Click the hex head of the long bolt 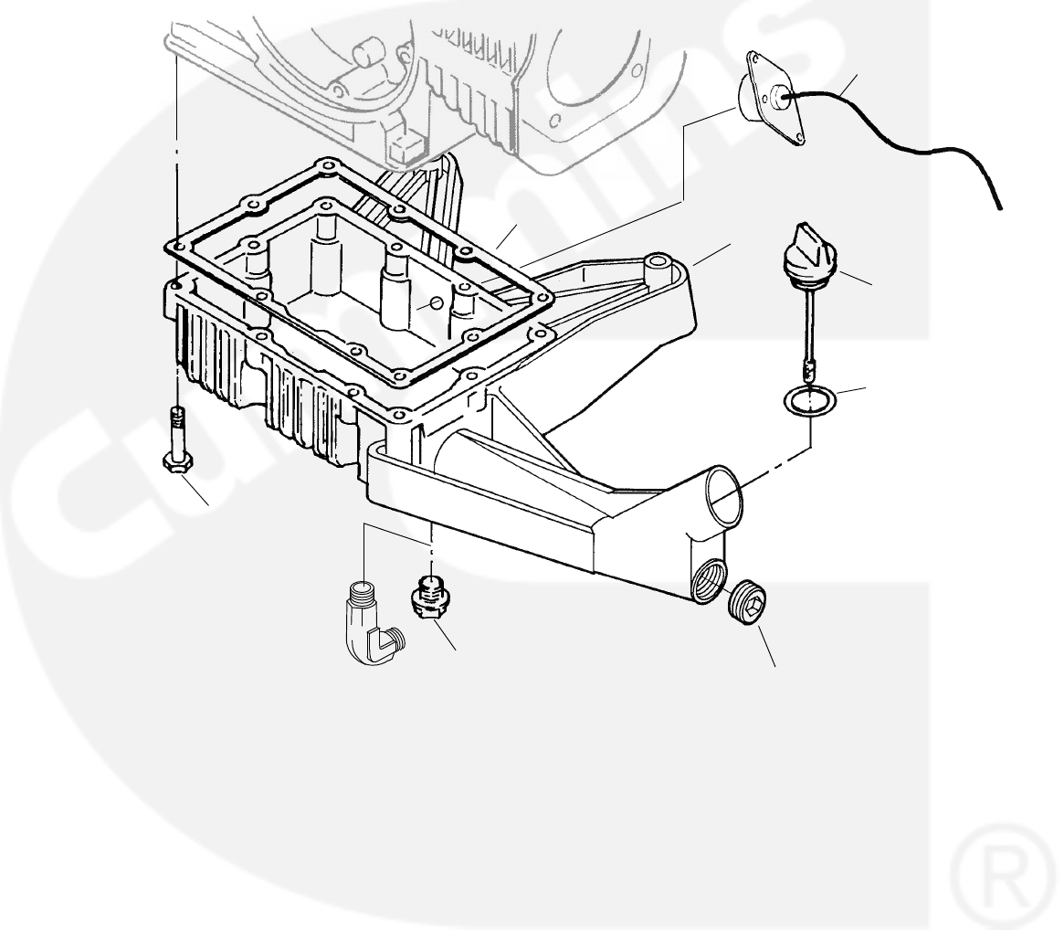[174, 461]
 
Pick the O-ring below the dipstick [808, 400]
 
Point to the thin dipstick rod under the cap [807, 324]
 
